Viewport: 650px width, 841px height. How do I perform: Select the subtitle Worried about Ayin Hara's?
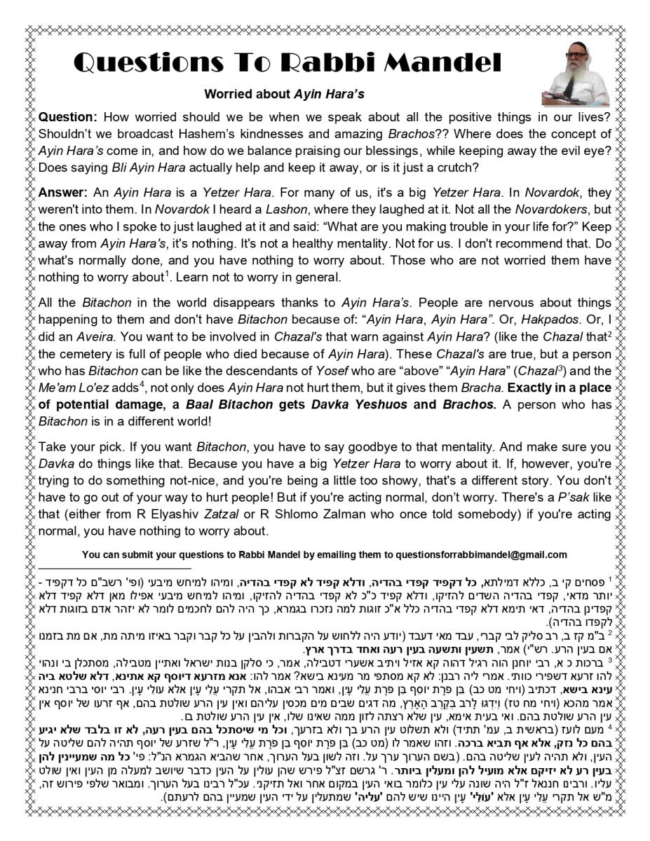[284, 94]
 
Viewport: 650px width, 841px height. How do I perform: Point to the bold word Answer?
[63, 193]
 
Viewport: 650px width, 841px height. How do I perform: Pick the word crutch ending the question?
[459, 167]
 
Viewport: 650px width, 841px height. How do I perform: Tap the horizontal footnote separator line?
[114, 568]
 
